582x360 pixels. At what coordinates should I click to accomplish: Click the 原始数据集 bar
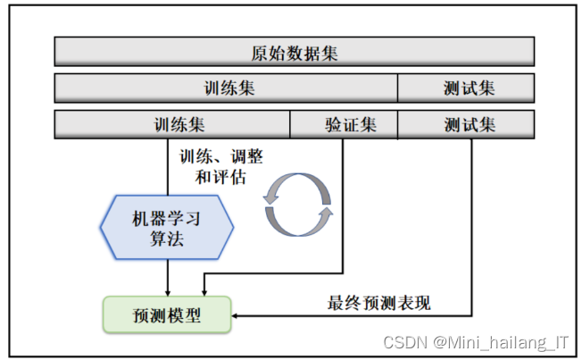coord(295,52)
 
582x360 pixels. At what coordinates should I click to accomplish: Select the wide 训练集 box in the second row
coord(226,88)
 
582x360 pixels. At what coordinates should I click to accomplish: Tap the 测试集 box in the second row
coord(466,88)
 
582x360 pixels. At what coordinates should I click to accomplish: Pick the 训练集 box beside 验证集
coord(172,124)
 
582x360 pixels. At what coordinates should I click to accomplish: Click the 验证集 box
coord(344,124)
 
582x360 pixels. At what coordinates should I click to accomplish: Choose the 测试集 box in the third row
coord(466,124)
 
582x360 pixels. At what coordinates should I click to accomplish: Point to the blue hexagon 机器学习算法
coord(167,227)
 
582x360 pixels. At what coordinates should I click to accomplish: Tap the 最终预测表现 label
coord(378,303)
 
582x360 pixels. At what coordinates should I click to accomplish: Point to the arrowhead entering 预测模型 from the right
coord(237,314)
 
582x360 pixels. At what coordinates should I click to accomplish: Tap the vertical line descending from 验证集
coord(343,205)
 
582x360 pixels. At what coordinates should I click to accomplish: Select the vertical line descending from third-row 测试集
coord(470,223)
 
